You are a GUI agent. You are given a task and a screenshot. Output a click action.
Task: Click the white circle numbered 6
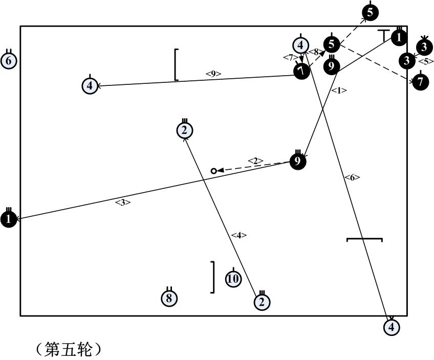(x=9, y=61)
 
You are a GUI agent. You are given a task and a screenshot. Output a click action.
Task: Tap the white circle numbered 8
(x=169, y=298)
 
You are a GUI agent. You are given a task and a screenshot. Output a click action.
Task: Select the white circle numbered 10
(x=233, y=279)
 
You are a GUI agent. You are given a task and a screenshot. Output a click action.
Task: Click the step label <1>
(x=339, y=91)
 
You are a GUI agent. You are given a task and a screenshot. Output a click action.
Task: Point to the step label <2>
(x=255, y=161)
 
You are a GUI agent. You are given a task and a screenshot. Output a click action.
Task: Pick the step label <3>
(x=123, y=202)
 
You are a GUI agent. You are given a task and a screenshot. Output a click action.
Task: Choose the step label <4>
(x=239, y=235)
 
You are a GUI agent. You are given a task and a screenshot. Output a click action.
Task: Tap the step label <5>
(x=426, y=62)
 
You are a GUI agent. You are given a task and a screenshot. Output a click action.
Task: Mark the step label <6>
(x=352, y=177)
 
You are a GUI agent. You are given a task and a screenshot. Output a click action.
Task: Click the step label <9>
(x=213, y=74)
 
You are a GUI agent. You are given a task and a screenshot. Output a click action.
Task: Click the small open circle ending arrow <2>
(x=214, y=171)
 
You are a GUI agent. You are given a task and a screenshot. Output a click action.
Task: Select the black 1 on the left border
(x=9, y=219)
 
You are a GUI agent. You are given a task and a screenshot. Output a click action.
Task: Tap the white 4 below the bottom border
(x=392, y=326)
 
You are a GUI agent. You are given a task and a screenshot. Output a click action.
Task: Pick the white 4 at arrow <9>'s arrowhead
(x=90, y=85)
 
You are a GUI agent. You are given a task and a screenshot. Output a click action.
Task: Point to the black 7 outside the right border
(x=421, y=81)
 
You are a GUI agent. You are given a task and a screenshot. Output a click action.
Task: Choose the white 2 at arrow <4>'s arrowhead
(x=184, y=130)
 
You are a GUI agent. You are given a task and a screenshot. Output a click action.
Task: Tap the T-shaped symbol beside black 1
(x=384, y=35)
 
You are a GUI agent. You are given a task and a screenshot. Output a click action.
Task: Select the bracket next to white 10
(x=212, y=277)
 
